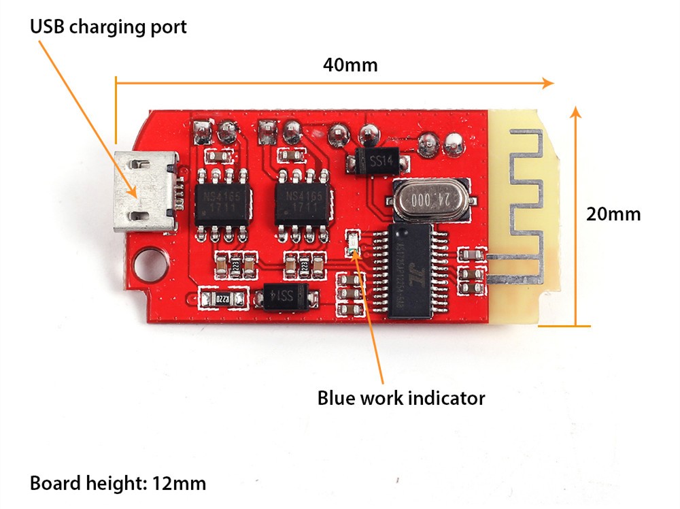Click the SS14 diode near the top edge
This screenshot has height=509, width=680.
[x=379, y=161]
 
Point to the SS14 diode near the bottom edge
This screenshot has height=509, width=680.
[x=286, y=296]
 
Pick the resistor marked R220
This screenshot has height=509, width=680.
[x=223, y=298]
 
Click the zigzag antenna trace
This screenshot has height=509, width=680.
[x=524, y=204]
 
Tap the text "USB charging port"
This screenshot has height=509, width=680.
[x=108, y=27]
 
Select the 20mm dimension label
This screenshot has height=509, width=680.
[x=613, y=214]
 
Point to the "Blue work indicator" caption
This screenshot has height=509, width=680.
[x=401, y=398]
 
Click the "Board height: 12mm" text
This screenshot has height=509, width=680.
[x=118, y=484]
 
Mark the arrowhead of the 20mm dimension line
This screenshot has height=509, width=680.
[x=576, y=111]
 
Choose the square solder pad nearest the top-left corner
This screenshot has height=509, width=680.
[x=202, y=127]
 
